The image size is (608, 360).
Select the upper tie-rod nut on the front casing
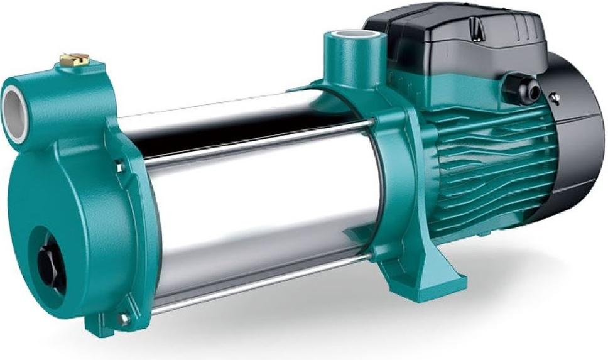click(119, 166)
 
